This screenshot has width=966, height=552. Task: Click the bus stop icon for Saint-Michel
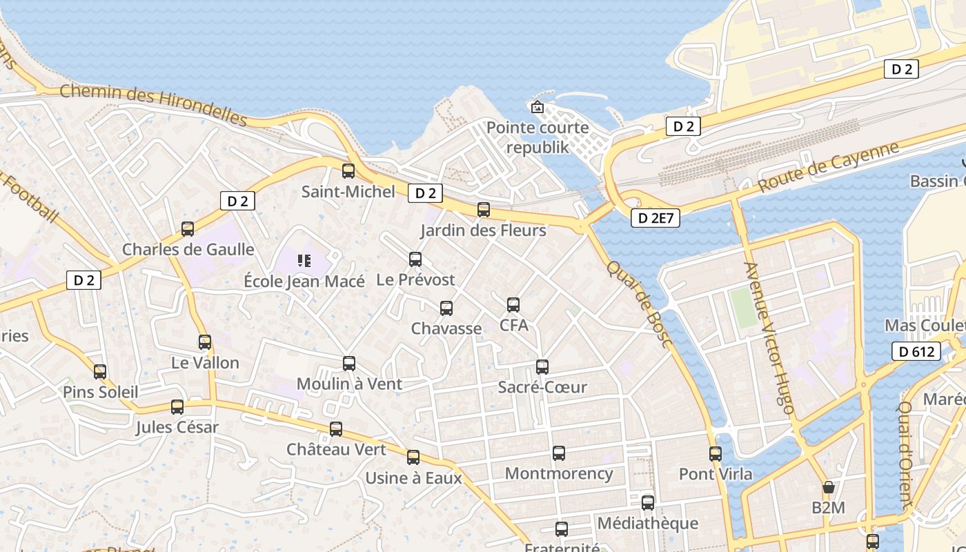[x=348, y=171]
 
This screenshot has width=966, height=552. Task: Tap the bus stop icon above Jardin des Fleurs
[x=484, y=210]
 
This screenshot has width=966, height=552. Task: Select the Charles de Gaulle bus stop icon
[x=188, y=229]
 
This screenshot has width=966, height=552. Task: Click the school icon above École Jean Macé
[x=304, y=261]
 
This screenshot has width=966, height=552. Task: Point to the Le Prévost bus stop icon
[x=415, y=259]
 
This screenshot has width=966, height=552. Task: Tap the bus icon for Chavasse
[x=446, y=308]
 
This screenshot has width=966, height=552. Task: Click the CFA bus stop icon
[x=513, y=305]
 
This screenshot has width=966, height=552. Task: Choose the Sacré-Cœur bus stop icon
[x=542, y=367]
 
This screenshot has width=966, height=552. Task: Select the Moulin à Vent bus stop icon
[x=349, y=364]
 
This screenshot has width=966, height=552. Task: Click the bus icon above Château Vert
[x=336, y=429]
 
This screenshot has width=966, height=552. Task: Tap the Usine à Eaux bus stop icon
[x=413, y=457]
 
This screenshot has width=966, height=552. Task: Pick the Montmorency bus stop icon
[x=559, y=453]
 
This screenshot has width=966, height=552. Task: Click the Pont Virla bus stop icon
[x=716, y=454]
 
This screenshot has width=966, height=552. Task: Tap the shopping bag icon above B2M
[x=829, y=488]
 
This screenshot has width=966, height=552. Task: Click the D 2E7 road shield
[x=655, y=219]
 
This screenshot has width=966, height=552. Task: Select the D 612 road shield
[x=916, y=352]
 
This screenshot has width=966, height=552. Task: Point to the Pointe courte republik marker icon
[x=537, y=107]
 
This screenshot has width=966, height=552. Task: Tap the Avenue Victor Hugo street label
[x=770, y=338]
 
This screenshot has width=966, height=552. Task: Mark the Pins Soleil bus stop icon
[x=100, y=372]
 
